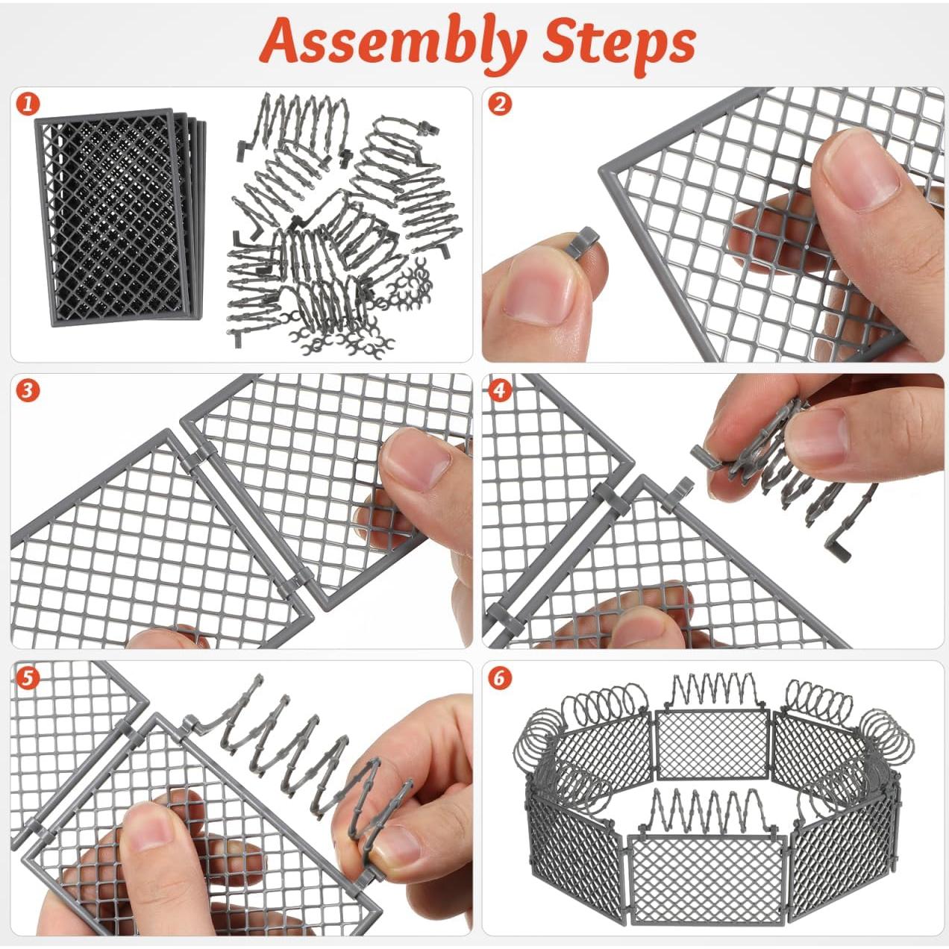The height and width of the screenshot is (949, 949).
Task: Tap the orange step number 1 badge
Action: pos(27,105)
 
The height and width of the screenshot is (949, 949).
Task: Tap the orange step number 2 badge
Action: pos(499,105)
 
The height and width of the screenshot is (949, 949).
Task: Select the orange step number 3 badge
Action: pos(27,390)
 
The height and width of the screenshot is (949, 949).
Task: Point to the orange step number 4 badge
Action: pos(499,390)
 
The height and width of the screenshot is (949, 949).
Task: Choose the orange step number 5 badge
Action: pos(27,678)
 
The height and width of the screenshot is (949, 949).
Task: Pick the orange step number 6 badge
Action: pos(499,678)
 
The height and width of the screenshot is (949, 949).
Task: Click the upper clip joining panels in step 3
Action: pos(197,460)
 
